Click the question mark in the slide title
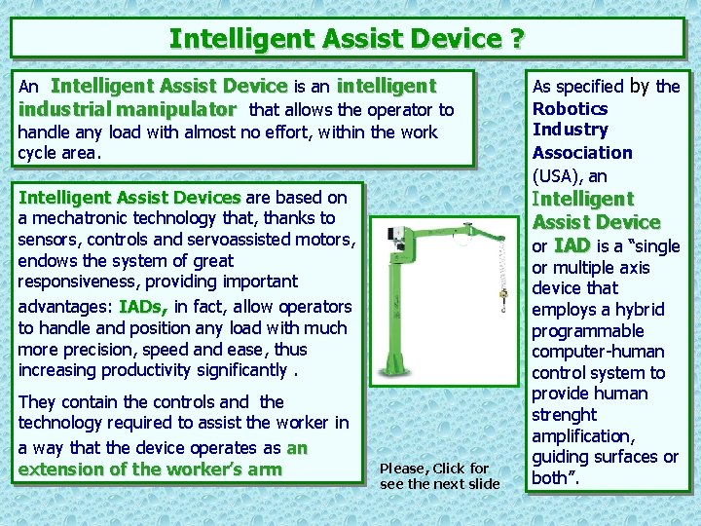pyautogui.click(x=516, y=38)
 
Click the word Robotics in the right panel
pyautogui.click(x=570, y=109)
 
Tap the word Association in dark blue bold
pyautogui.click(x=582, y=153)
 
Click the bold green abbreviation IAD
pyautogui.click(x=572, y=245)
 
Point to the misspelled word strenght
pyautogui.click(x=564, y=416)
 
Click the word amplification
pyautogui.click(x=583, y=436)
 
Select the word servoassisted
pyautogui.click(x=240, y=240)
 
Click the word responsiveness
pyautogui.click(x=79, y=282)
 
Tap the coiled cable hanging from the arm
pyautogui.click(x=503, y=264)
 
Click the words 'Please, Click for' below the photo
pyautogui.click(x=434, y=469)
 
